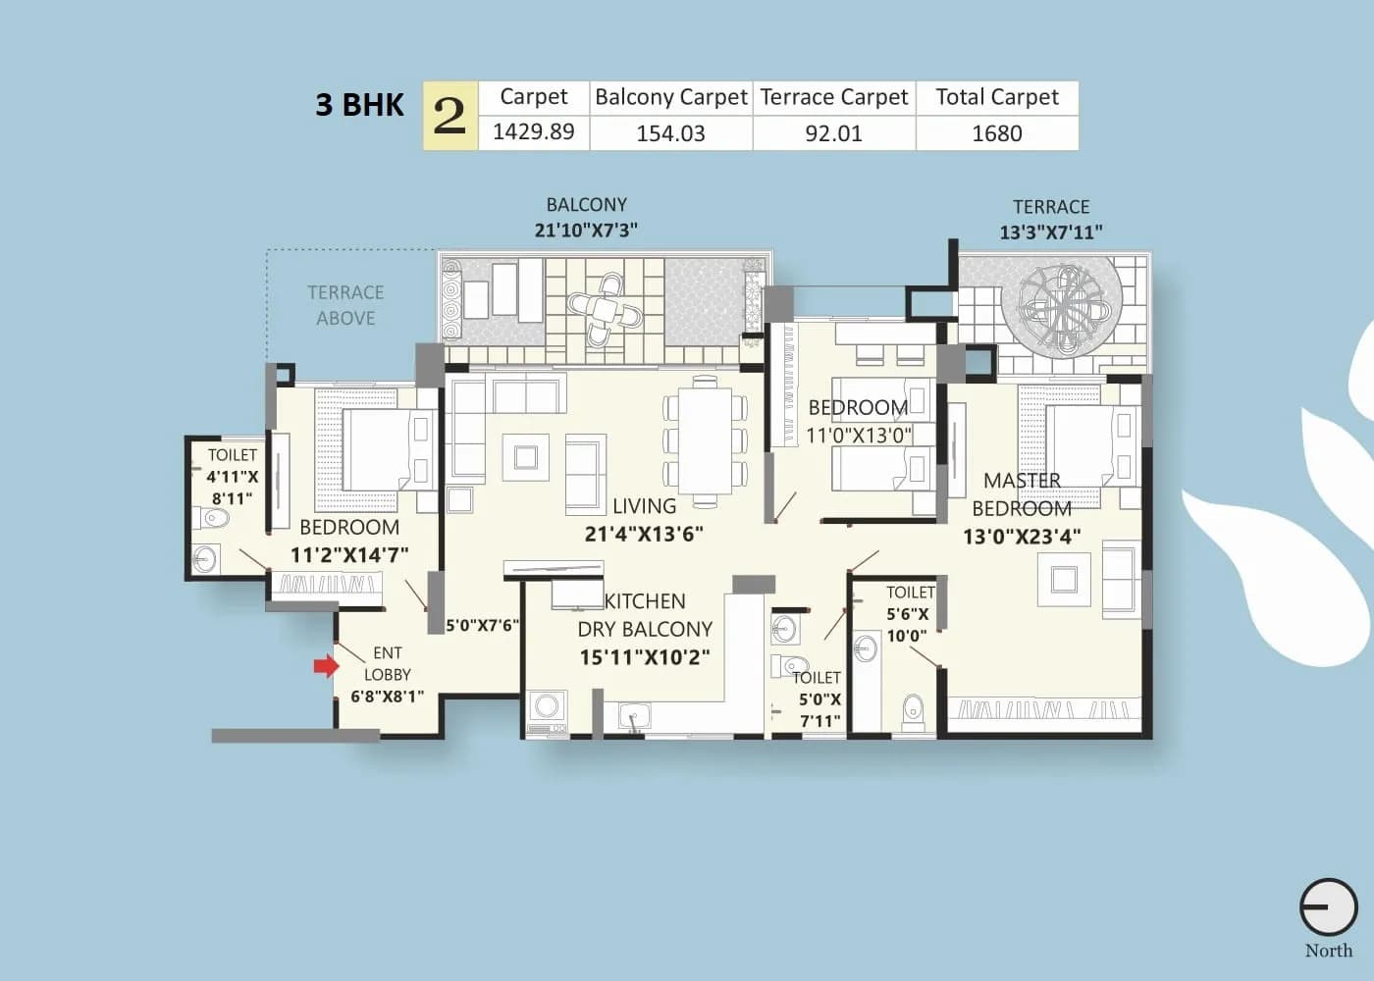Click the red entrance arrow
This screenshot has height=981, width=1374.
tap(325, 667)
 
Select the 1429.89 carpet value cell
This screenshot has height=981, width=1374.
tap(533, 132)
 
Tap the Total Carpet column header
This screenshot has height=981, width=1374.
tap(996, 97)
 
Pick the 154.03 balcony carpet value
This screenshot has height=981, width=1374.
tap(670, 133)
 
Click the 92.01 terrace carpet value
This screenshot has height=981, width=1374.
tap(833, 133)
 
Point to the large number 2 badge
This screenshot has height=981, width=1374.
tap(449, 116)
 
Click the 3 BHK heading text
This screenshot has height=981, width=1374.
tap(359, 105)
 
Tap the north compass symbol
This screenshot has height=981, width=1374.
tap(1328, 907)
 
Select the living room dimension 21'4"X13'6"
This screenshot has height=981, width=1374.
tap(644, 535)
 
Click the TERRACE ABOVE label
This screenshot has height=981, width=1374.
tap(345, 305)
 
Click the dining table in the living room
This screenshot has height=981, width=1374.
tap(706, 439)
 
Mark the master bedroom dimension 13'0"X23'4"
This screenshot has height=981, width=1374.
tap(1022, 537)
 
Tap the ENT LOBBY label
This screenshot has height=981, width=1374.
tap(388, 664)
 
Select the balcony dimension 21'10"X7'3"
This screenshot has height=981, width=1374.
tap(586, 231)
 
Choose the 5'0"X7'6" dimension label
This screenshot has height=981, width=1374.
tap(482, 625)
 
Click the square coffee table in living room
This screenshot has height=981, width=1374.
tap(525, 457)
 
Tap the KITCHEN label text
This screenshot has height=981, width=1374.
tap(645, 601)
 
